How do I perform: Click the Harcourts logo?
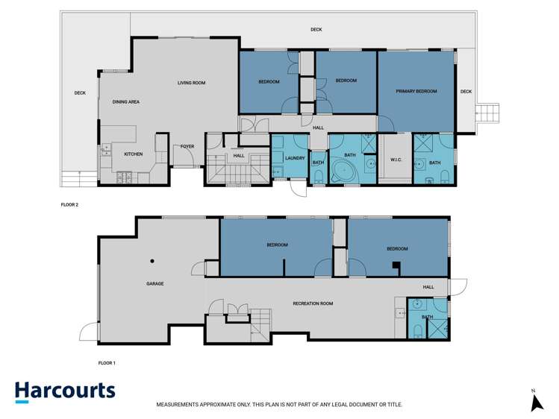click(x=65, y=391)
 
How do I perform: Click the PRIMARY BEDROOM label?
click(x=416, y=92)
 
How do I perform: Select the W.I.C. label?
click(x=396, y=159)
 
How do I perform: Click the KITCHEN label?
click(x=133, y=154)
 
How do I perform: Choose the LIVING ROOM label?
click(x=191, y=83)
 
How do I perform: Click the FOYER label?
click(x=187, y=146)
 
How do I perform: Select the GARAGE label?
click(x=154, y=283)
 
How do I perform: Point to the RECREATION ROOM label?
click(x=313, y=303)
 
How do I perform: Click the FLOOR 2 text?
click(x=69, y=204)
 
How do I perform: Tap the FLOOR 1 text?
click(x=107, y=363)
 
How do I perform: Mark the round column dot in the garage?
click(x=152, y=261)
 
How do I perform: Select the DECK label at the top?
click(x=316, y=30)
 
